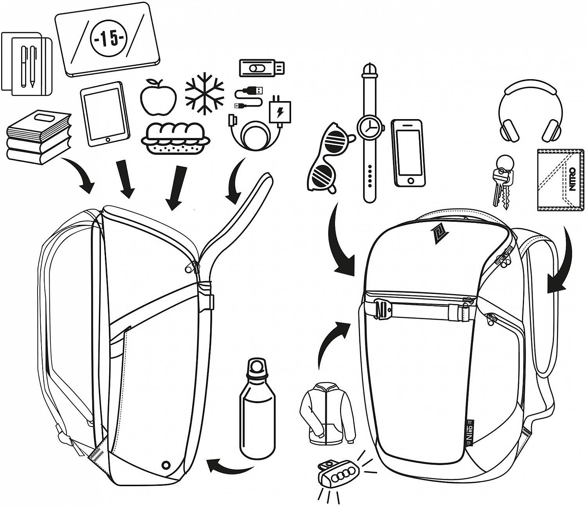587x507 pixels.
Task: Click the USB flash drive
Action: point(261,68)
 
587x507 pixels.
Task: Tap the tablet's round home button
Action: point(108,139)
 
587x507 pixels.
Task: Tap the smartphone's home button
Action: point(410,180)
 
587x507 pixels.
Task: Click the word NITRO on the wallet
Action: point(573,179)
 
